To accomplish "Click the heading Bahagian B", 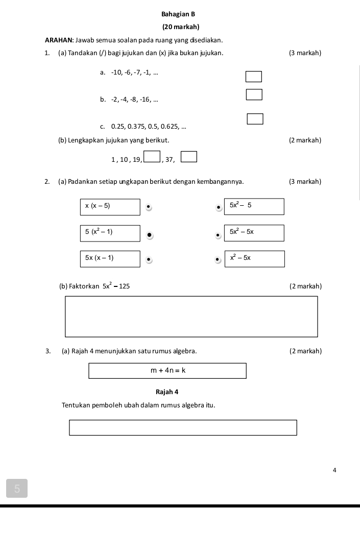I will tap(178, 14).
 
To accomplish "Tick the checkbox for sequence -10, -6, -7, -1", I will tap(254, 77).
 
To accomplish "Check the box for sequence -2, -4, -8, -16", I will tap(254, 94).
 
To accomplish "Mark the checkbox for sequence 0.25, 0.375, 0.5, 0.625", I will tap(255, 119).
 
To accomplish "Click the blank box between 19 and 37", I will tap(152, 156).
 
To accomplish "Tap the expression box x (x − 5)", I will tap(110, 207).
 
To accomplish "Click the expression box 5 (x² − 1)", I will tap(110, 233).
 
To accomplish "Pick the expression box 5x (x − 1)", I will tap(110, 259).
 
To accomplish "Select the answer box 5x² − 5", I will tap(254, 206).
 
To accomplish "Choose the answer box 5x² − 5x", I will tap(254, 233).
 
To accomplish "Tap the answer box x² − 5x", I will tap(254, 259).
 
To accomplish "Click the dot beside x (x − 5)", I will tap(148, 207).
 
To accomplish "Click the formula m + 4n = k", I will tap(167, 371).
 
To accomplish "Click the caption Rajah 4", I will tap(167, 392).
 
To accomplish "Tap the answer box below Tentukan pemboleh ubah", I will tap(183, 427).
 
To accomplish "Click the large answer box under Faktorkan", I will tap(191, 317).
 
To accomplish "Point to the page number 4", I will tap(334, 470).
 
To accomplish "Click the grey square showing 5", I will tap(17, 489).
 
